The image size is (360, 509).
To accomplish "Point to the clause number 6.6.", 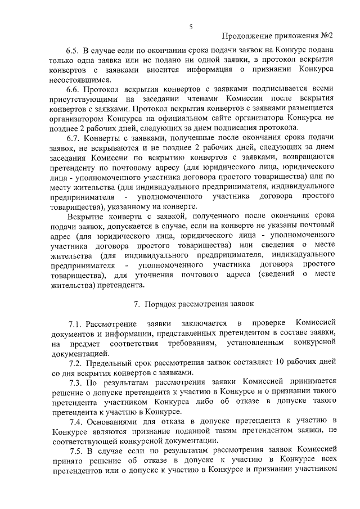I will pos(74,89).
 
